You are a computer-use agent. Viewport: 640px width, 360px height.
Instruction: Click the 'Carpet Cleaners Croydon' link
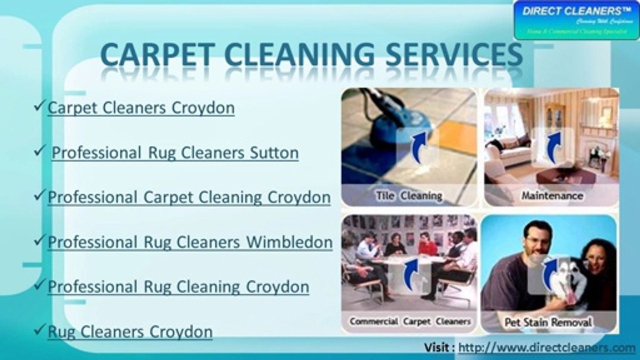tap(141, 107)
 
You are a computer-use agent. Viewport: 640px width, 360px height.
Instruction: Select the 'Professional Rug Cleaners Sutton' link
tap(175, 152)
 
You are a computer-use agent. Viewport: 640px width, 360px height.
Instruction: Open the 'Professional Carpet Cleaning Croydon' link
tap(189, 197)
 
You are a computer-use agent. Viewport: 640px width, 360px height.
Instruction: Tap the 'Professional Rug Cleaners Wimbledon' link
tap(190, 242)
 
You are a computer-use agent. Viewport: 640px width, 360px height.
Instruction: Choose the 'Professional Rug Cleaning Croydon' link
tap(178, 286)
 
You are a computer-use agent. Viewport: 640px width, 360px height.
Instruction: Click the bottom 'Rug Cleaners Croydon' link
tap(130, 331)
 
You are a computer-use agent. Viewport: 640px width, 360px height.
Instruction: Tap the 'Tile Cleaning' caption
tap(409, 195)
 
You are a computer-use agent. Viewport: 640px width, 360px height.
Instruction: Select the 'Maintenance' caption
tap(552, 195)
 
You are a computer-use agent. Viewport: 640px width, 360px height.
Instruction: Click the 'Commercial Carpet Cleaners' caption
tap(410, 321)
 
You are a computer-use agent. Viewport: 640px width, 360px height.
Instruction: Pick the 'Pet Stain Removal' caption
tap(548, 322)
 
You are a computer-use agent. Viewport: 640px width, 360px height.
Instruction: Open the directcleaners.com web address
tap(546, 347)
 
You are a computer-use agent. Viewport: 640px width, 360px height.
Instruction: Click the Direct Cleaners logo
tap(576, 20)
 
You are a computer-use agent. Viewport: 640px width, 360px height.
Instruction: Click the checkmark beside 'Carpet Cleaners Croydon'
tap(40, 106)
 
